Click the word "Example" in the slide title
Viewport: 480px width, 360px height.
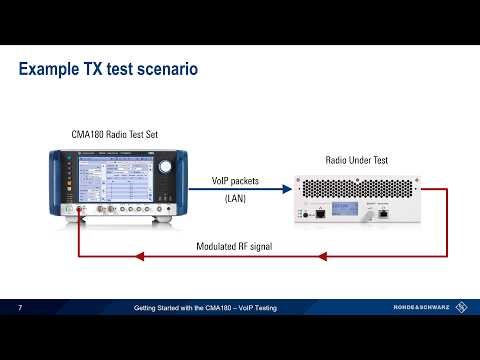pyautogui.click(x=52, y=70)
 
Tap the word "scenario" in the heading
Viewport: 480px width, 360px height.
pyautogui.click(x=166, y=70)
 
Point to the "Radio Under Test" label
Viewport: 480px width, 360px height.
pyautogui.click(x=359, y=160)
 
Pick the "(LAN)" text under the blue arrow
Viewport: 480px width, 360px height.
pyautogui.click(x=236, y=200)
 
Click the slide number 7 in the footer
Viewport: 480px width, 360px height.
pyautogui.click(x=20, y=307)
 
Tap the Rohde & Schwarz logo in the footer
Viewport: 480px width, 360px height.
pyautogui.click(x=429, y=307)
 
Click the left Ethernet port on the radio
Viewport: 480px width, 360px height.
pyautogui.click(x=320, y=213)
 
